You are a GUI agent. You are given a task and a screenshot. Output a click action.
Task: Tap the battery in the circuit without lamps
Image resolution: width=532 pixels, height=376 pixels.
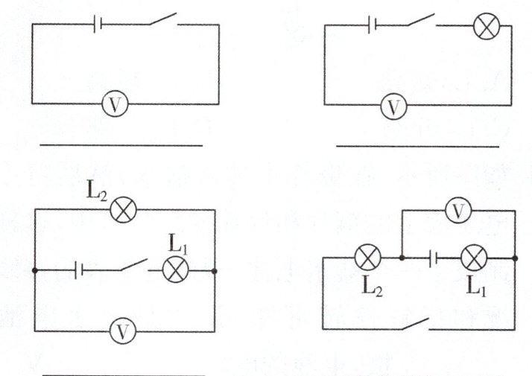[98, 25]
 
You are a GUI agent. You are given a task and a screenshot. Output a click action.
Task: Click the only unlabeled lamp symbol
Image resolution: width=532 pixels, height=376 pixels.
[487, 28]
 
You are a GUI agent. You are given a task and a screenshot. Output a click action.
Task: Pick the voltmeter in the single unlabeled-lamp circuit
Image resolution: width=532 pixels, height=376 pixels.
[393, 108]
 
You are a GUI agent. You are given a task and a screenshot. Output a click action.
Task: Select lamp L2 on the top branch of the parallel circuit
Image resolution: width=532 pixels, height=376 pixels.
[124, 211]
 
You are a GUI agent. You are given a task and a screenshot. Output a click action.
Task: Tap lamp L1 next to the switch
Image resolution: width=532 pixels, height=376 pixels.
[175, 270]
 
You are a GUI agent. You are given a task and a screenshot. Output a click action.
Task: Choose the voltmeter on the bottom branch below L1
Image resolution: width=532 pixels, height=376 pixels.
[124, 329]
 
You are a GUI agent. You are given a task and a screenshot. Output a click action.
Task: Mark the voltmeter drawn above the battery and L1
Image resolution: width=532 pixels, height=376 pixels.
[460, 212]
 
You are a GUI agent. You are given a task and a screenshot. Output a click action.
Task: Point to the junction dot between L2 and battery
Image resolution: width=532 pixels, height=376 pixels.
[402, 258]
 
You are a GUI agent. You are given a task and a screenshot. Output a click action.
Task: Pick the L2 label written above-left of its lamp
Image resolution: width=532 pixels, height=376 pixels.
[97, 192]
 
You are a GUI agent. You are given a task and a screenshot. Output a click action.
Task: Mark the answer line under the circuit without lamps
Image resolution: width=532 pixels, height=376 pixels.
[121, 144]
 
